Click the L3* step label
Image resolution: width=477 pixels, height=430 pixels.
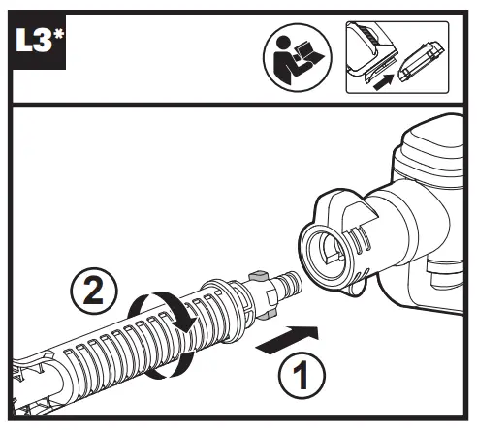point(39,42)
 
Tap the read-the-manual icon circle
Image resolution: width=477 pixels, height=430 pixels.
point(298,57)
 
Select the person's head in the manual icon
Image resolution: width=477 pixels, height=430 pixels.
point(283,43)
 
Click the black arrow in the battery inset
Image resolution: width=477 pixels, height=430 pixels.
point(384,81)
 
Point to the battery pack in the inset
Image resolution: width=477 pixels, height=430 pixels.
point(421,61)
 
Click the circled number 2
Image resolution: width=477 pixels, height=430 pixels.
point(94,291)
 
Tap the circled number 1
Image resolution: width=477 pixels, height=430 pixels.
point(302,375)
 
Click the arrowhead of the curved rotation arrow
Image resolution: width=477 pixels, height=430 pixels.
point(189,324)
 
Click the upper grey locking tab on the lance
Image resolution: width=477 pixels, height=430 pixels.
point(259,276)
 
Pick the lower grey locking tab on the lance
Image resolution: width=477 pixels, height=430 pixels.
point(268,315)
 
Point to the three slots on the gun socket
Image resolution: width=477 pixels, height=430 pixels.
point(362,239)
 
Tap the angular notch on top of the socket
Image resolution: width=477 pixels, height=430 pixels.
point(359,213)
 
